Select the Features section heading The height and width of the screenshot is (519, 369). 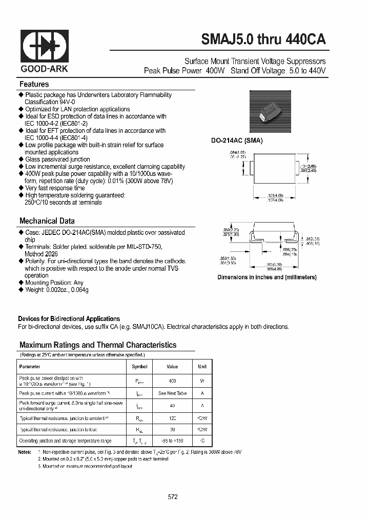click(34, 84)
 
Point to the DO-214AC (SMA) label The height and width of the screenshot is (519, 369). click(237, 141)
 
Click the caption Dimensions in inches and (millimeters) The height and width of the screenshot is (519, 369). click(266, 277)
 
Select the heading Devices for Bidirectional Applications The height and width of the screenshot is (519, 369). click(69, 318)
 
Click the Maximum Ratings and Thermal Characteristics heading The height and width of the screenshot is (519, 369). click(97, 345)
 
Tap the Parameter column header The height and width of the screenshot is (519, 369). click(30, 367)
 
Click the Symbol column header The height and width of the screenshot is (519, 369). click(139, 367)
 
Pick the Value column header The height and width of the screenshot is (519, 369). click(172, 367)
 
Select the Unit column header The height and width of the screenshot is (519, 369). click(202, 367)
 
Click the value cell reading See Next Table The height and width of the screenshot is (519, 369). click(172, 393)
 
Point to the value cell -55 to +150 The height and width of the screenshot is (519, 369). click(172, 441)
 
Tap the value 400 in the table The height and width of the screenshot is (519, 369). click(172, 381)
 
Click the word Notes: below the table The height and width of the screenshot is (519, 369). click(25, 452)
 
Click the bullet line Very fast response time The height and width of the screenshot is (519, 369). click(55, 188)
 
